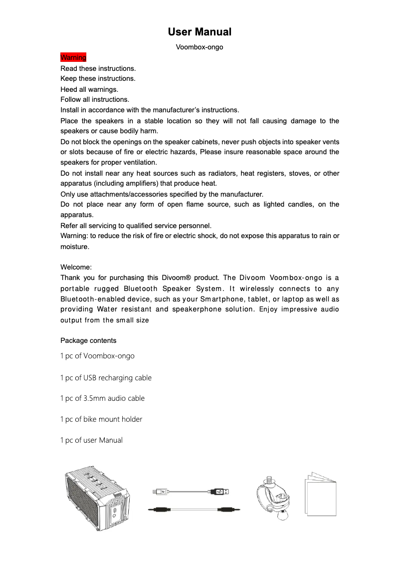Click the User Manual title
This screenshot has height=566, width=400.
[200, 32]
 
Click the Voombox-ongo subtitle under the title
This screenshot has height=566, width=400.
[200, 47]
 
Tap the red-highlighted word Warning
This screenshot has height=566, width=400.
[73, 57]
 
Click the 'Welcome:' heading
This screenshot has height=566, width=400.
[76, 268]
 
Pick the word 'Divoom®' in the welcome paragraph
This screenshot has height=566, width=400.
[176, 278]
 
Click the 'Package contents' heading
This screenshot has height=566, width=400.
[88, 340]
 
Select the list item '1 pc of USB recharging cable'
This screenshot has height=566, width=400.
[106, 378]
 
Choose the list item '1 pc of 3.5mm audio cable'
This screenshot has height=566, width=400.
[102, 398]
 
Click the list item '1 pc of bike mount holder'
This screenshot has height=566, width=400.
[101, 419]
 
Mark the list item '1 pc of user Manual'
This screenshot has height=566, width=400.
[91, 440]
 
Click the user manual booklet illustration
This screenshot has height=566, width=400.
[320, 496]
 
